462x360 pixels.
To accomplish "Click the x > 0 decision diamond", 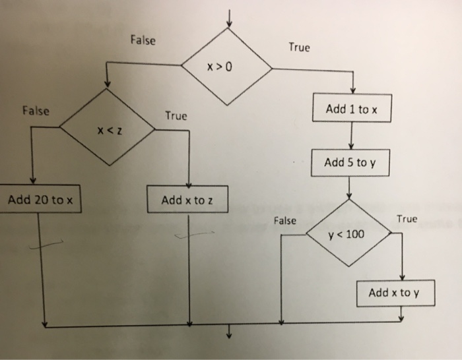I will (x=227, y=67).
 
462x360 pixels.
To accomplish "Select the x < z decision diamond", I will (x=108, y=131).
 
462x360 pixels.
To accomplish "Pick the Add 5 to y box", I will (x=351, y=162).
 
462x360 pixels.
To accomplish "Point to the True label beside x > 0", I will (x=298, y=47).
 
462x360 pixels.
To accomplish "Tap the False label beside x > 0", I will (x=143, y=41).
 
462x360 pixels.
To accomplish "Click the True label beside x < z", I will (x=176, y=116).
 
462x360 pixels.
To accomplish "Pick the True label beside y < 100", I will (x=407, y=219).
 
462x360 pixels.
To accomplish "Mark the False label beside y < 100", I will (x=284, y=221).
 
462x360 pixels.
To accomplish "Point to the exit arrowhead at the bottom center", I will (x=230, y=334).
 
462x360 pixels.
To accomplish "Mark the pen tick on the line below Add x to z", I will (x=195, y=234).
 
